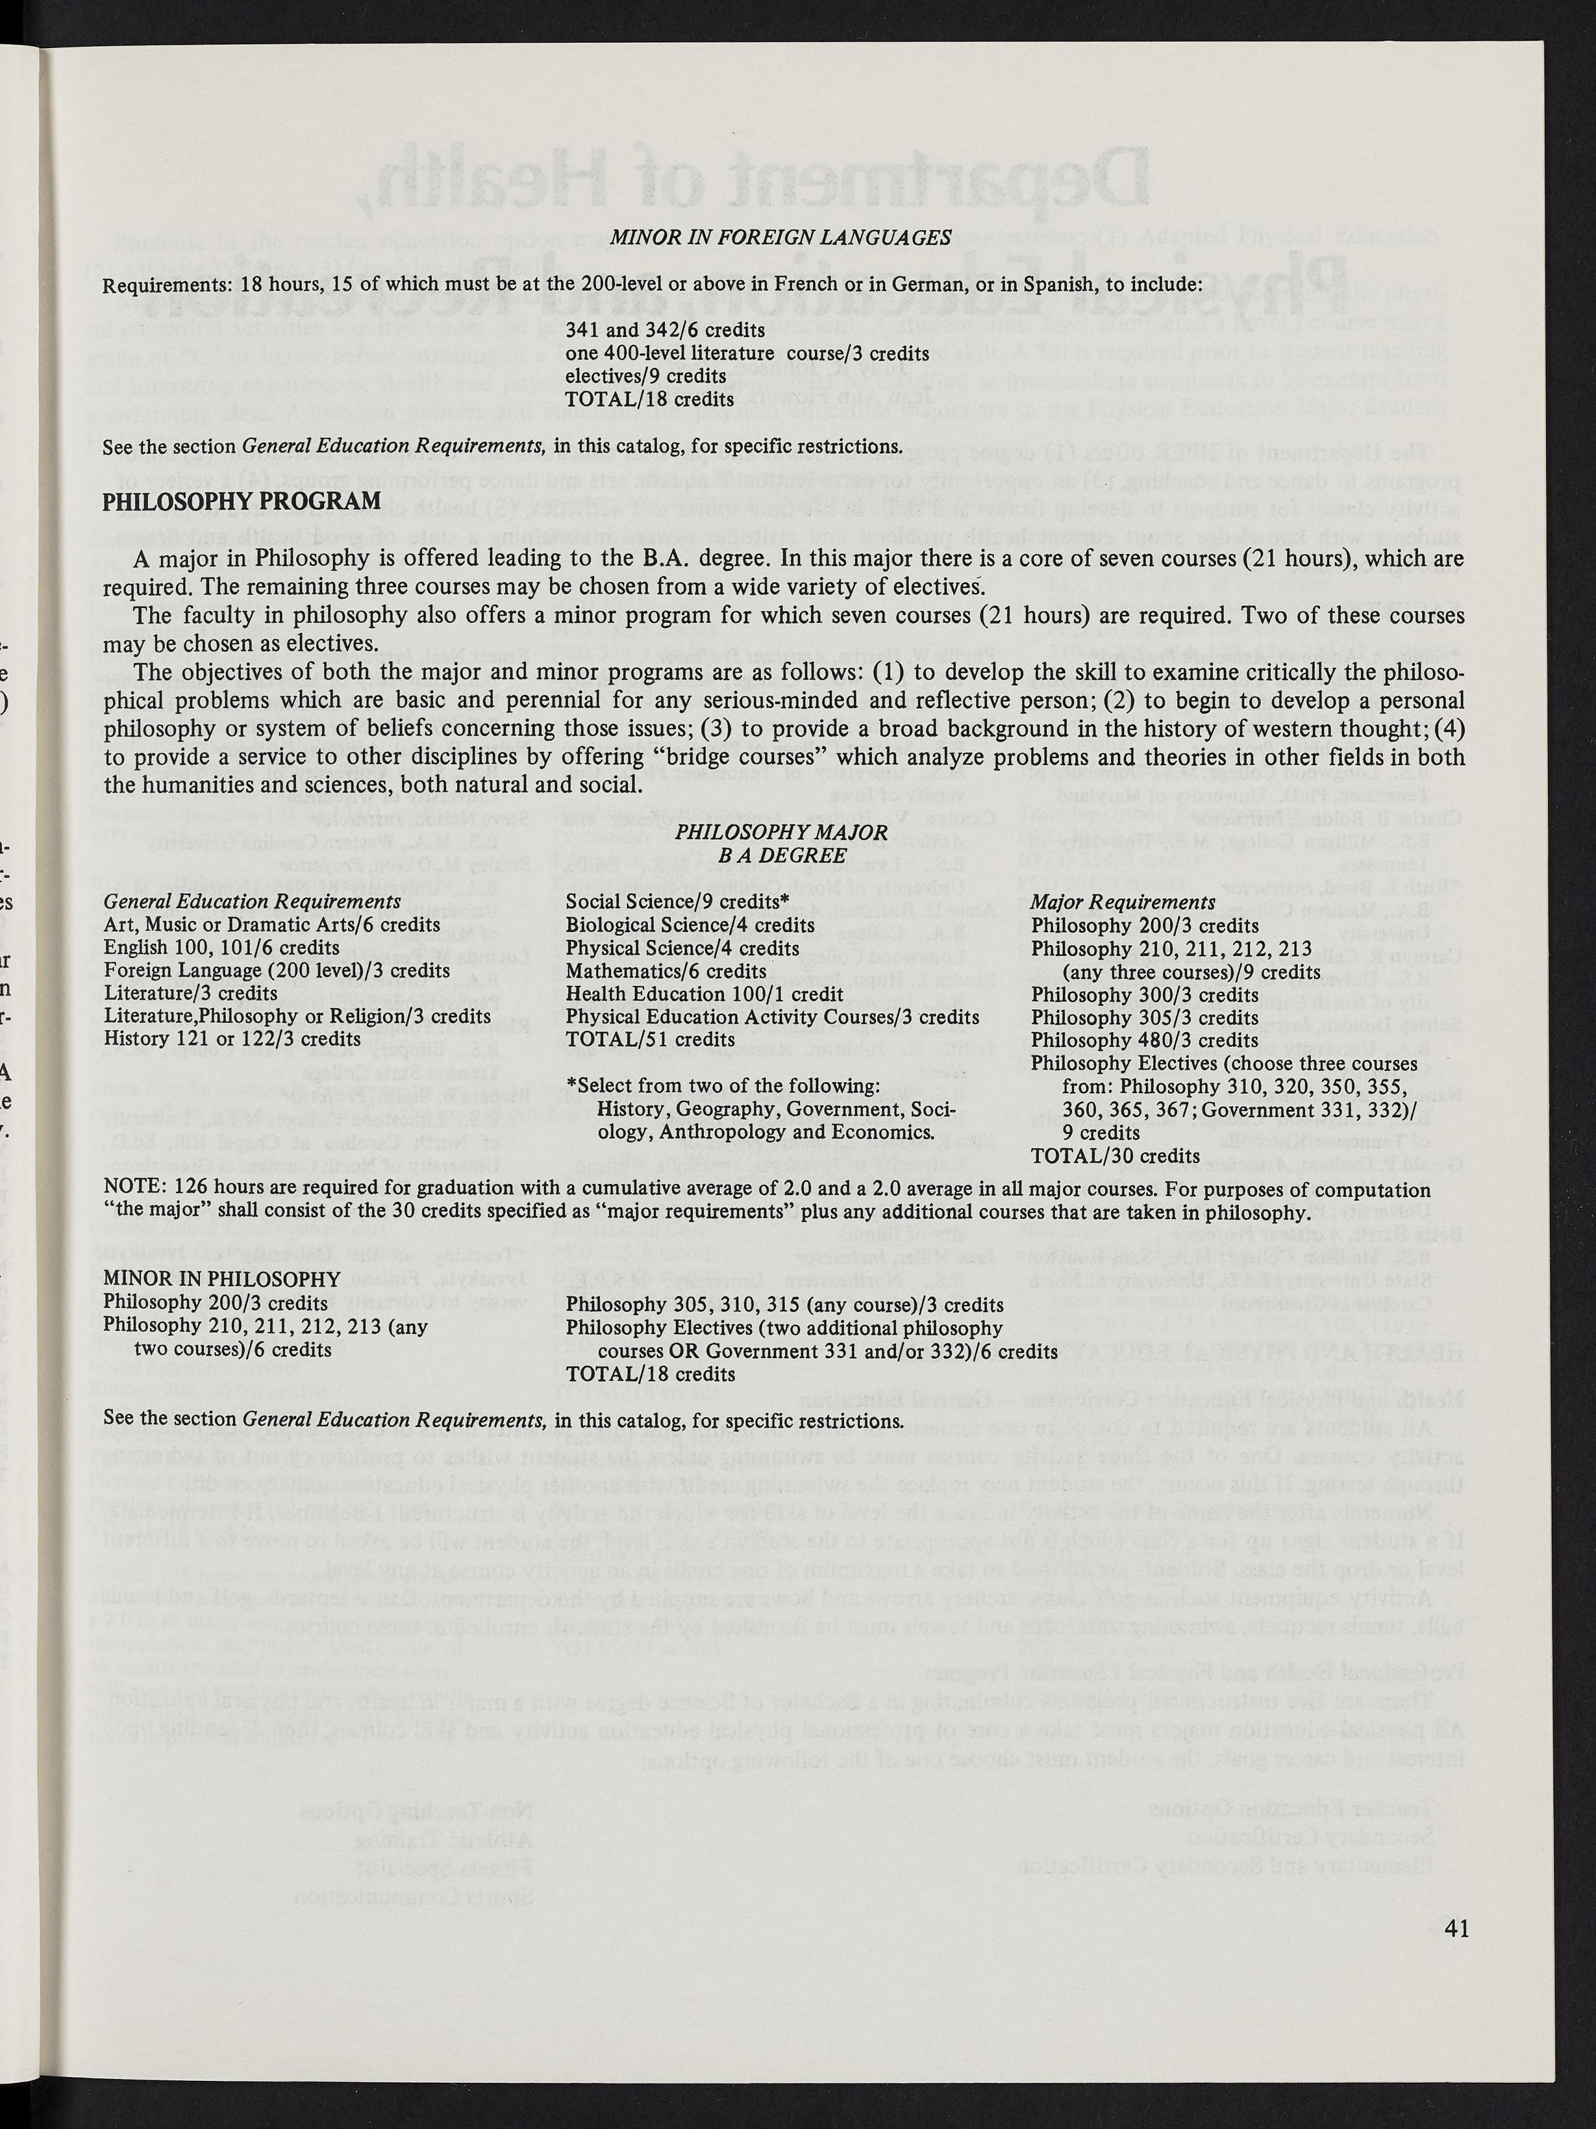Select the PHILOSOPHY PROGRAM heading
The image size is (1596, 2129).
(241, 501)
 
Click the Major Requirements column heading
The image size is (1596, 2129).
(1123, 902)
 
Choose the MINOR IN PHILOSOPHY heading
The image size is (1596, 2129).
(221, 1279)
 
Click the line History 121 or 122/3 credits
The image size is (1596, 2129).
(232, 1040)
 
